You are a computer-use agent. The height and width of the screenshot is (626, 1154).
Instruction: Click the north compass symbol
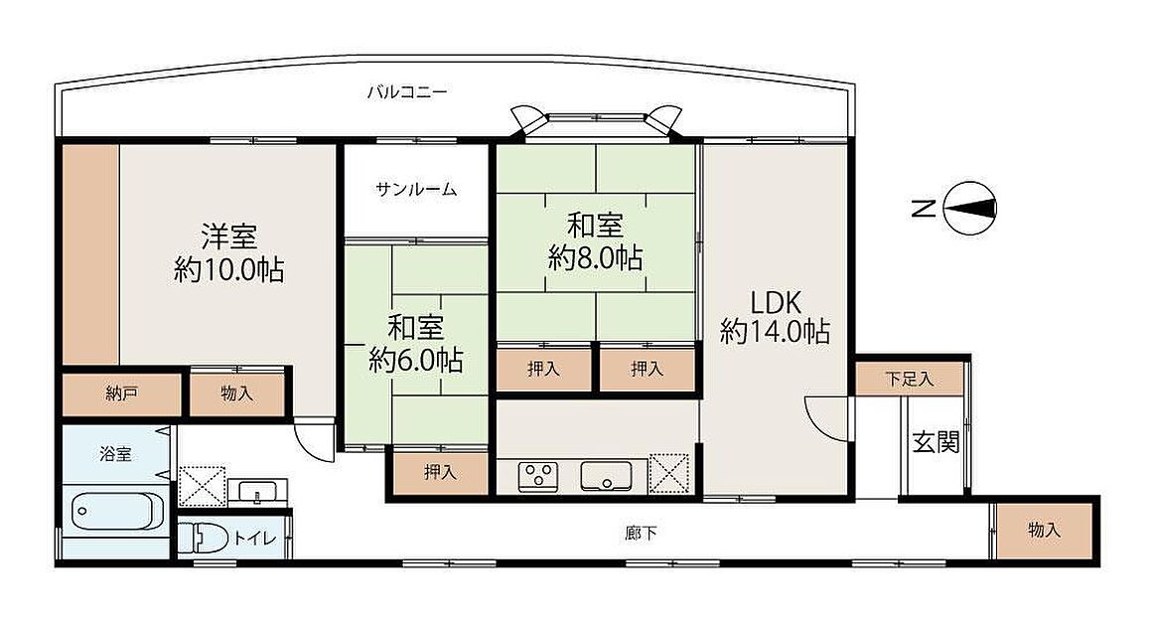point(969,209)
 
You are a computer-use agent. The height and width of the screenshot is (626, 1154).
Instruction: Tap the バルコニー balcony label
point(406,91)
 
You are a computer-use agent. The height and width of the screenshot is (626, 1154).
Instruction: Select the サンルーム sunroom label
point(416,189)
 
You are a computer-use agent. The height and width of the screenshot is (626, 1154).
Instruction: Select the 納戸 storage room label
point(121,393)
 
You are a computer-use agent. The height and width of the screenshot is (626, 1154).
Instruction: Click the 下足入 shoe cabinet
point(909,379)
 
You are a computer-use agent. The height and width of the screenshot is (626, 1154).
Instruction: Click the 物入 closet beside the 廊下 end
point(1044,531)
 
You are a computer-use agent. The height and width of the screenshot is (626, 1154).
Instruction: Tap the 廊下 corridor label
point(641,533)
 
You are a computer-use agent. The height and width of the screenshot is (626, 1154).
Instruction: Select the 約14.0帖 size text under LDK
point(775,332)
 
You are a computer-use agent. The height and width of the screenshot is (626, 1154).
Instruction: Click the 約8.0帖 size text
point(595,258)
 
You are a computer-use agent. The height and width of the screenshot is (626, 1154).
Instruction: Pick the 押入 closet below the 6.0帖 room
point(440,473)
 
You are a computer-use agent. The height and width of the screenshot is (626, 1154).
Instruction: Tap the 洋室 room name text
point(229,236)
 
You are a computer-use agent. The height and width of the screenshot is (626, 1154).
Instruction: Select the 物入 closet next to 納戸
point(236,393)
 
